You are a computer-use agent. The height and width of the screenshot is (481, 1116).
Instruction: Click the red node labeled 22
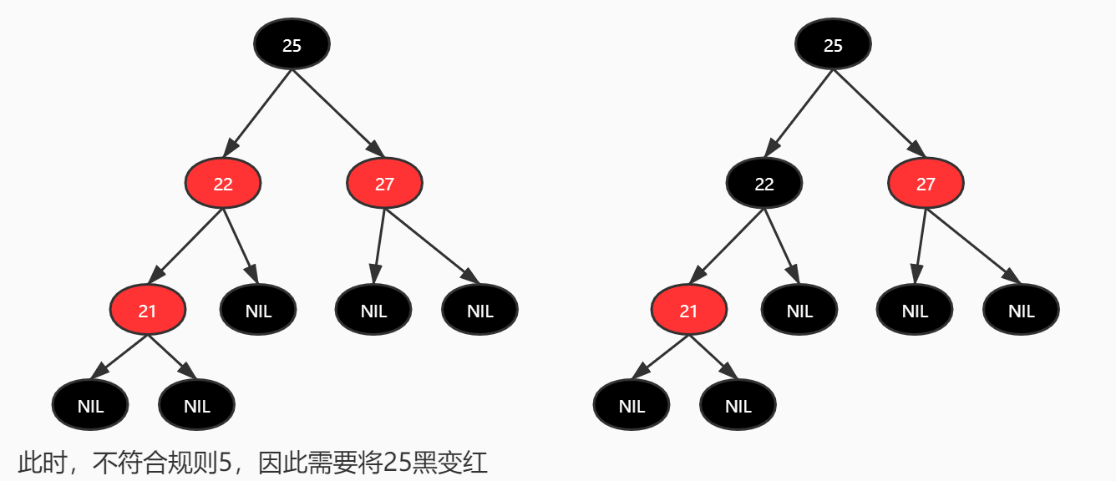tap(223, 184)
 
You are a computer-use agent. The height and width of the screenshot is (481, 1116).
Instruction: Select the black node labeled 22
tap(764, 184)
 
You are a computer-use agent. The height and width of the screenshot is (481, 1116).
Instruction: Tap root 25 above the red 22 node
tap(292, 45)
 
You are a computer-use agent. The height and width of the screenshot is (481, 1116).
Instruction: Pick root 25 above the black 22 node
tap(833, 45)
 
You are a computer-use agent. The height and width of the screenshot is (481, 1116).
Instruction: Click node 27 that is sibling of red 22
tap(384, 184)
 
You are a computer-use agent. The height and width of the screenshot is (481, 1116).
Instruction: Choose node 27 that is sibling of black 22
tap(926, 184)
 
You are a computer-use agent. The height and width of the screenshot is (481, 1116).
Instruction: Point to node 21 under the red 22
tap(147, 311)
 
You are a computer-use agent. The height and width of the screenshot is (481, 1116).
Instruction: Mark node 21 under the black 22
tap(688, 311)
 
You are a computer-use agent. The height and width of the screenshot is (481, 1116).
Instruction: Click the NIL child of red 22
tap(258, 311)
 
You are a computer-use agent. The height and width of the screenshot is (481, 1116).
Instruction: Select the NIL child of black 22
tap(799, 311)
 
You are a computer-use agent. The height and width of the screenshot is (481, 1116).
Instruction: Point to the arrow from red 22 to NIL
tap(240, 246)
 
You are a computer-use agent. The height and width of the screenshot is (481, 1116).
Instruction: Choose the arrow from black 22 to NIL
tap(781, 246)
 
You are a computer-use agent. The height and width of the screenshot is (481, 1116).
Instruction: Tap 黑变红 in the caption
tap(459, 462)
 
